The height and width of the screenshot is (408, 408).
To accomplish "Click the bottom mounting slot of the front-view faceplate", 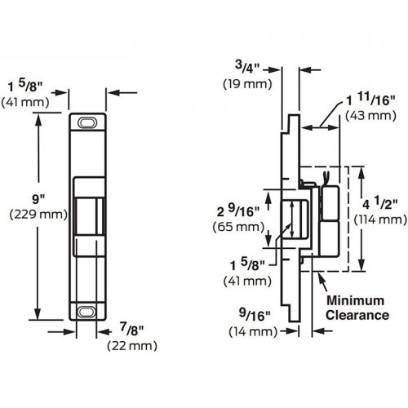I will pos(86,311).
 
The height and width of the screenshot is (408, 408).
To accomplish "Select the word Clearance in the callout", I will pos(357,315).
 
